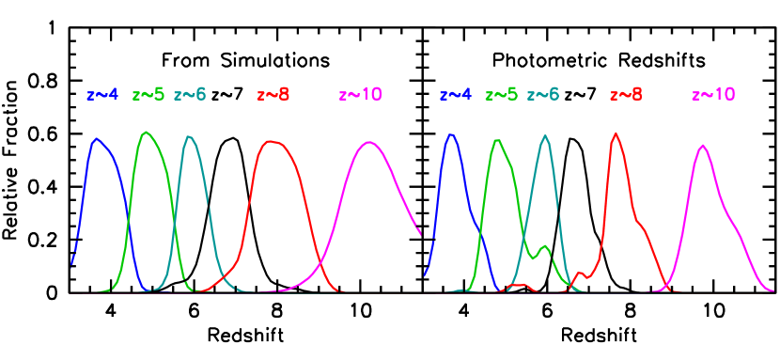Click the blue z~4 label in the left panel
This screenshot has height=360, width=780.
101,95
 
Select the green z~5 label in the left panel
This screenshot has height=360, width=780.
148,95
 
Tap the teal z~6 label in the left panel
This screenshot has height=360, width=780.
190,95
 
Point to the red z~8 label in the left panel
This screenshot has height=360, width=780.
273,95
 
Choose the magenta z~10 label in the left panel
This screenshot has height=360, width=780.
360,95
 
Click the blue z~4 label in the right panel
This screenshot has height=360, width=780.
455,95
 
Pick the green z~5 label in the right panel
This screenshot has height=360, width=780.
502,95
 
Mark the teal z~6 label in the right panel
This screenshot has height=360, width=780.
543,95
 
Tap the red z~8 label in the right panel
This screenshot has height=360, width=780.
627,95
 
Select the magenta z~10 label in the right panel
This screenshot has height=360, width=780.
713,95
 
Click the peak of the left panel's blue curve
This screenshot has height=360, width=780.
96,138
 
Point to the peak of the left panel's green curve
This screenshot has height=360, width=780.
146,132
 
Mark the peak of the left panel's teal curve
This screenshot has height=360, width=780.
190,136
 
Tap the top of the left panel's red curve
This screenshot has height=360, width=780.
272,141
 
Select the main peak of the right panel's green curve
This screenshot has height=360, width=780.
496,139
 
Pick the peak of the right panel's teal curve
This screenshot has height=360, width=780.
545,135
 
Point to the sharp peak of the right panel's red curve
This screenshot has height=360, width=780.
616,133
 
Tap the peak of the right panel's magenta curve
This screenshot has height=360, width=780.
702,145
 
